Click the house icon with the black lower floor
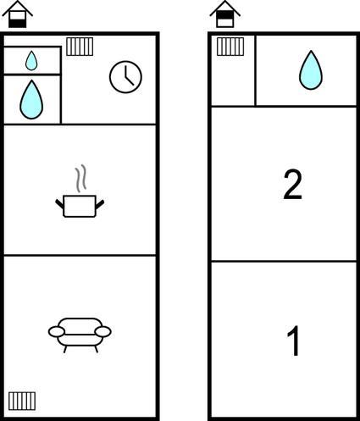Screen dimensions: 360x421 (17, 14)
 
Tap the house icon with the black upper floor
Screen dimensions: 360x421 (225, 14)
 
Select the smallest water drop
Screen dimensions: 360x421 (31, 60)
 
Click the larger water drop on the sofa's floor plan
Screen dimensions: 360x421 (31, 99)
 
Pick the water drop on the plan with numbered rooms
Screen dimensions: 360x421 (311, 70)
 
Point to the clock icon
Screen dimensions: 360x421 (125, 77)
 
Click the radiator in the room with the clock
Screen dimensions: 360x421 (80, 47)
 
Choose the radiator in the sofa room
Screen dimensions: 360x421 (22, 401)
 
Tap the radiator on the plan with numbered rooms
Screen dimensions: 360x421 (230, 47)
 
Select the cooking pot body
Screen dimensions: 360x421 (80, 206)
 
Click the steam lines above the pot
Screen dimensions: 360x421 (80, 179)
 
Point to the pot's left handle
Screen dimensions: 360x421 (59, 204)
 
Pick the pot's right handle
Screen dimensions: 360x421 (100, 204)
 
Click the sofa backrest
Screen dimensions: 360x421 (80, 326)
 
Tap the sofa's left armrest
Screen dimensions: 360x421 (57, 332)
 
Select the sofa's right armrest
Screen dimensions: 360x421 (102, 332)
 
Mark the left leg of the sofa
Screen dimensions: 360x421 (65, 349)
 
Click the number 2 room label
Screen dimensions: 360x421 (293, 185)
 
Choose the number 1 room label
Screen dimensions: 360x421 (294, 341)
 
